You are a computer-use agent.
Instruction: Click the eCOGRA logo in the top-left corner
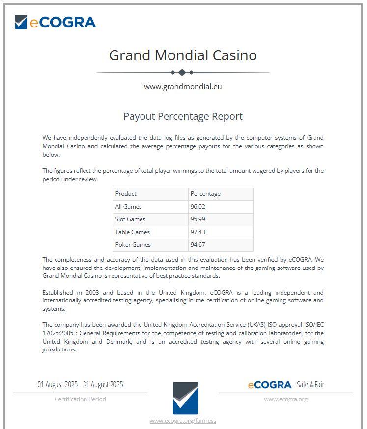point(55,22)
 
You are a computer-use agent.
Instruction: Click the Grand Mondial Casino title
point(183,55)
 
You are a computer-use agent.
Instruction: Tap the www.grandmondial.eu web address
point(183,87)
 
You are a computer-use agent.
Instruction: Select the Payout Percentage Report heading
point(183,116)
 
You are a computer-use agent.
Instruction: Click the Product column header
point(126,194)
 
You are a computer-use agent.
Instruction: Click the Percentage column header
point(205,194)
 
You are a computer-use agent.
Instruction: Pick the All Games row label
point(128,207)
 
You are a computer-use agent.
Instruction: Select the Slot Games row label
point(130,219)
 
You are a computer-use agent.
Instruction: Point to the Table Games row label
point(132,232)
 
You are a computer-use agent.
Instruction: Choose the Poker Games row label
point(133,245)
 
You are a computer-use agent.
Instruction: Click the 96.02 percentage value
point(198,207)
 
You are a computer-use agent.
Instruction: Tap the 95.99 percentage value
point(198,219)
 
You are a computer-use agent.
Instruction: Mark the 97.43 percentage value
point(198,232)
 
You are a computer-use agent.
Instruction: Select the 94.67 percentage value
point(198,245)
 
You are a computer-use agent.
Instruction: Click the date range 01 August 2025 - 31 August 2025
point(80,384)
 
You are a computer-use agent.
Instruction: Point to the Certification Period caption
point(80,399)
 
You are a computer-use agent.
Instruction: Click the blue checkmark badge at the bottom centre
point(185,398)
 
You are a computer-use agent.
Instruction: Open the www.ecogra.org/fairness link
point(183,421)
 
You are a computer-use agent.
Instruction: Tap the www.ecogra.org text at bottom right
point(285,399)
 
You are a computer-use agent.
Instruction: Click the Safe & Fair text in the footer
point(311,384)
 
